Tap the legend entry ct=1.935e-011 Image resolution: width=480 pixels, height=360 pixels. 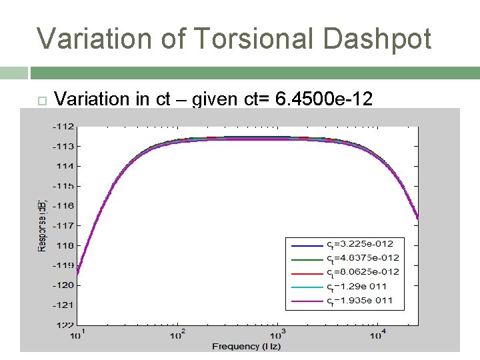[x=362, y=301]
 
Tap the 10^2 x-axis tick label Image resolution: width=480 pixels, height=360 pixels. [x=178, y=334]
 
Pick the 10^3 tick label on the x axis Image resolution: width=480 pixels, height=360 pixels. [x=278, y=334]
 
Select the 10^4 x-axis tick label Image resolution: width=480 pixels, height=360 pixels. [x=378, y=334]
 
